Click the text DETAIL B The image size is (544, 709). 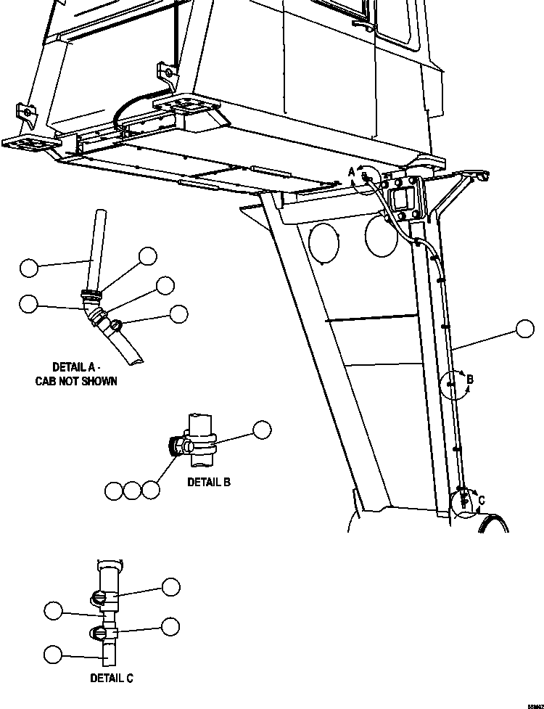209,481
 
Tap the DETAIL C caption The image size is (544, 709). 112,678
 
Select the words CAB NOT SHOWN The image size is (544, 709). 76,381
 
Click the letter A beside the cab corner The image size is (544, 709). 352,171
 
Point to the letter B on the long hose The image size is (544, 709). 470,379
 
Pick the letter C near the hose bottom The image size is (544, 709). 481,499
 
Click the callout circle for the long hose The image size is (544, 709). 525,329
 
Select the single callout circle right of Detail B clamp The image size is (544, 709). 261,430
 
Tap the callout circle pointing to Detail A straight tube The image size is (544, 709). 28,268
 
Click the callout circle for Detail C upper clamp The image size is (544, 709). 170,586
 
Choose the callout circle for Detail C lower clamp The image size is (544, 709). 170,626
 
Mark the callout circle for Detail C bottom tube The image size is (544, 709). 52,654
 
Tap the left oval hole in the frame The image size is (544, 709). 324,242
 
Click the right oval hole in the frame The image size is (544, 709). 382,237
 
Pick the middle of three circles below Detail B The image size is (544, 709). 131,491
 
